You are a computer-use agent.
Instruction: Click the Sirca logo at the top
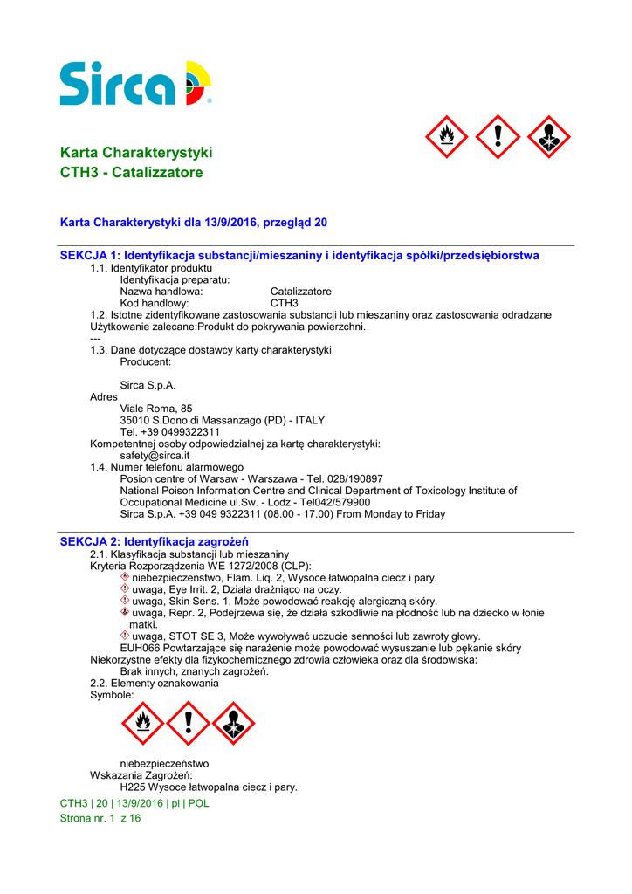(x=135, y=83)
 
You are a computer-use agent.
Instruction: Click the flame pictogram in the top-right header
(x=446, y=137)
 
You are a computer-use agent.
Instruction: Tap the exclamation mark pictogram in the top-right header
(x=498, y=137)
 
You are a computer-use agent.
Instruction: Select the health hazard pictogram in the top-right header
(x=549, y=137)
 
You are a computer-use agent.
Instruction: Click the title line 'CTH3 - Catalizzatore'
(x=131, y=173)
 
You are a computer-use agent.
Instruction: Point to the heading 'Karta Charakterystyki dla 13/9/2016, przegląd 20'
(x=193, y=223)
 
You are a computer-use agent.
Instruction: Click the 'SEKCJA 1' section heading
(x=299, y=256)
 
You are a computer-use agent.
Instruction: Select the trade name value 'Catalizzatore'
(x=300, y=292)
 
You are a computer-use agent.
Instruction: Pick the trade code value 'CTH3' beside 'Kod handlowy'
(x=285, y=303)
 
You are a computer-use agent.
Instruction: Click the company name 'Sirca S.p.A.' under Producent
(x=148, y=385)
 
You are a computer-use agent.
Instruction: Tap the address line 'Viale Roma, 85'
(x=156, y=409)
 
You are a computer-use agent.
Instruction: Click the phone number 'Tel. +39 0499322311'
(x=169, y=432)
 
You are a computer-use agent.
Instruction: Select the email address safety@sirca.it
(x=155, y=456)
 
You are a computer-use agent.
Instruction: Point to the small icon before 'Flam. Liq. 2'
(x=125, y=577)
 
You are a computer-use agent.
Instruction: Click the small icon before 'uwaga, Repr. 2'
(x=125, y=613)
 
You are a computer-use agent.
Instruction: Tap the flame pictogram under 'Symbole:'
(x=142, y=724)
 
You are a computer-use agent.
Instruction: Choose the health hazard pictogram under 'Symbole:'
(x=233, y=724)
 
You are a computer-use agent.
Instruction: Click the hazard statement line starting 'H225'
(x=209, y=787)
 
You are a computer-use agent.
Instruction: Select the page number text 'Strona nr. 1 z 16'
(x=100, y=818)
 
